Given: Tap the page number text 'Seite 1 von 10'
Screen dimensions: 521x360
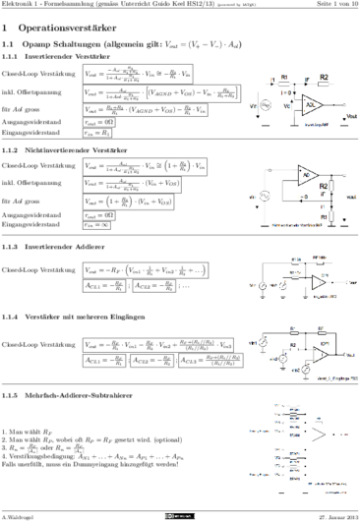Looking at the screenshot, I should [330, 8].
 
